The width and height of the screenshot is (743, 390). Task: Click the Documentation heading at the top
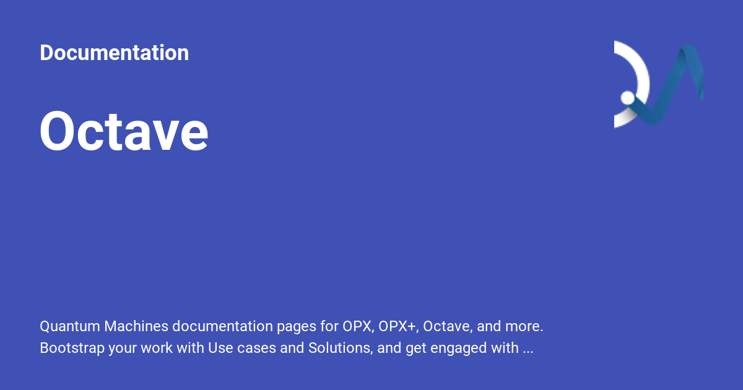(114, 53)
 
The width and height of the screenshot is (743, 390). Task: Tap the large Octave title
(124, 132)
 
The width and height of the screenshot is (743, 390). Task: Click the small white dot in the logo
(627, 98)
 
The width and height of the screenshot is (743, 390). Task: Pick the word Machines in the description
(136, 326)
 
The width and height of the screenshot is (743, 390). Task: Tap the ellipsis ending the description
(528, 350)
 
